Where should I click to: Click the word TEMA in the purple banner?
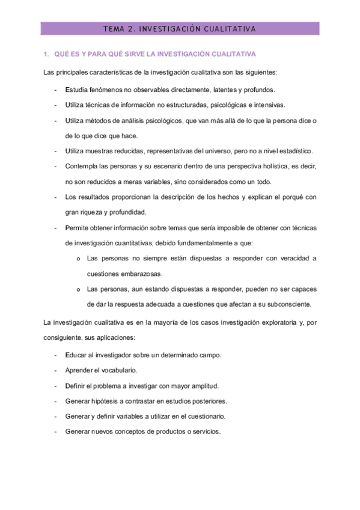pos(114,28)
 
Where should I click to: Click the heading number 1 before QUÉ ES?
pos(46,55)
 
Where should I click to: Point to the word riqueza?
pos(96,212)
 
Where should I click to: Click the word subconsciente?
pos(289,304)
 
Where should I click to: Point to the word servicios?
pos(206,431)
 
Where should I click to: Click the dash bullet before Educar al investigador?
pos(55,354)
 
